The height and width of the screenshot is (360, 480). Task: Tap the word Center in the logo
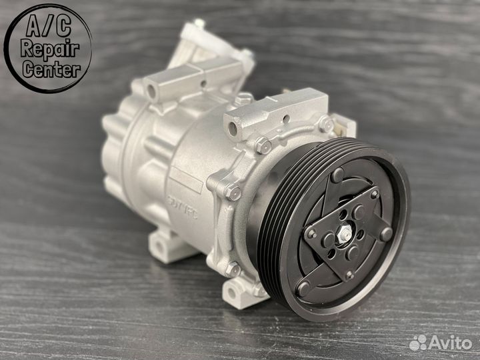click(49, 69)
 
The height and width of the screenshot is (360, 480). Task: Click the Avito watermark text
click(449, 342)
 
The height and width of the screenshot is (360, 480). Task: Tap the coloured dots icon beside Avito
click(419, 343)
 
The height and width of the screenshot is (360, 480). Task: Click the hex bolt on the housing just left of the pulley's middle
click(233, 193)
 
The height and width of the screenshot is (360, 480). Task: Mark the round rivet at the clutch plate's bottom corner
click(303, 288)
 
